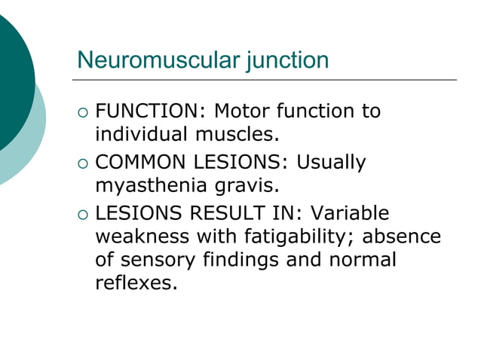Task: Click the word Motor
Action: [x=240, y=112]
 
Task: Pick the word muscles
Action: [x=234, y=136]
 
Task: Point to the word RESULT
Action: [x=228, y=212]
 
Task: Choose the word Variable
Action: [x=351, y=212]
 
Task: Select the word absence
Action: [x=402, y=236]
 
